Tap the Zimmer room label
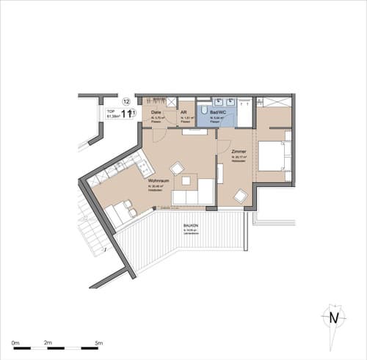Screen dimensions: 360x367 [239, 152]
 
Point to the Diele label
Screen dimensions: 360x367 [156, 112]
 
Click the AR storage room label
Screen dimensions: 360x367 [183, 112]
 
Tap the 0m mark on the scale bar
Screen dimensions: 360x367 [15, 342]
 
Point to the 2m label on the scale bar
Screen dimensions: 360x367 [48, 342]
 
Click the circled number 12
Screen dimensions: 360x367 [126, 102]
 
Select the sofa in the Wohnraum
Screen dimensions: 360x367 [192, 195]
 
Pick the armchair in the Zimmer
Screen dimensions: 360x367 [240, 196]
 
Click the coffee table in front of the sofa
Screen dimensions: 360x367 [188, 180]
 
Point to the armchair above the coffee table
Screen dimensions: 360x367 [177, 167]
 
